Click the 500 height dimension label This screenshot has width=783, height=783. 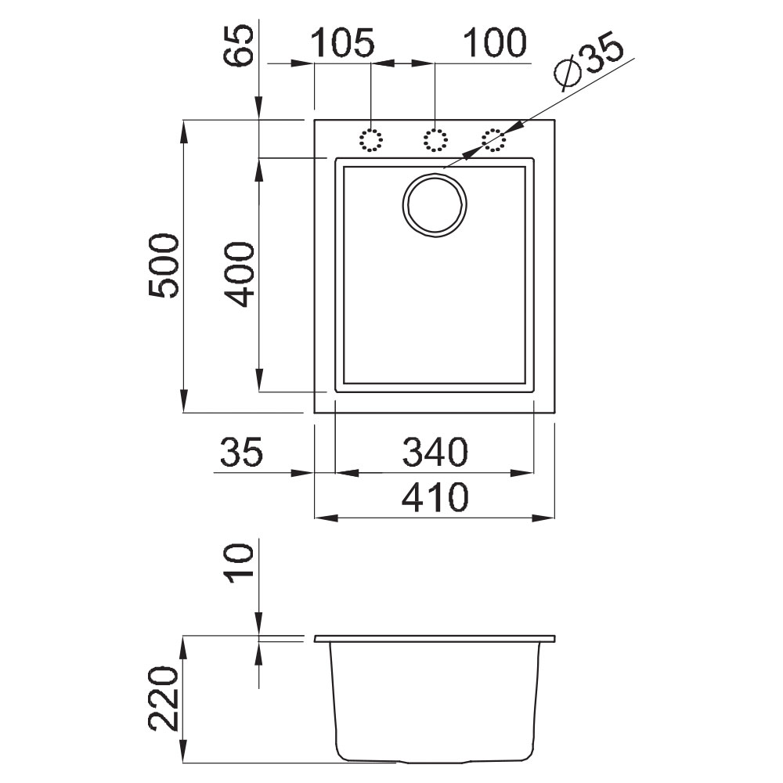(164, 265)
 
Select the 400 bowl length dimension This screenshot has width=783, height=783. (240, 274)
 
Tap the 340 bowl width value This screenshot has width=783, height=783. (435, 452)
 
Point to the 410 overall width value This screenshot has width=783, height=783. (435, 497)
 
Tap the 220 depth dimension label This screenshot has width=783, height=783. (164, 698)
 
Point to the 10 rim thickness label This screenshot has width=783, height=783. (239, 563)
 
